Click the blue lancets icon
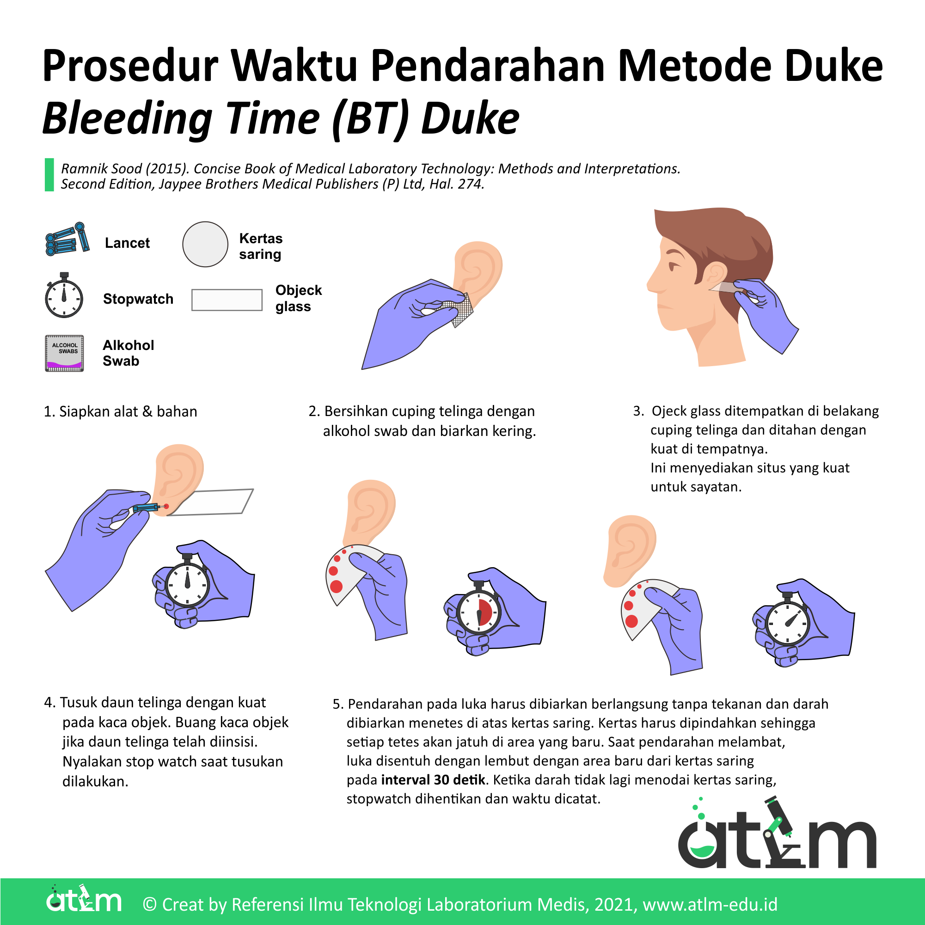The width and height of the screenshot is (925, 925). pos(67,239)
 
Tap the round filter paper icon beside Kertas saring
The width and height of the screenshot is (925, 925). pos(205,244)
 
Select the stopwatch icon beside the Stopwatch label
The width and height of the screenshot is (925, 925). pos(64,296)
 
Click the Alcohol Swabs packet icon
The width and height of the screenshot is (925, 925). pos(64,353)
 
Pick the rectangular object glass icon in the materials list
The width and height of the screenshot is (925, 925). pos(227,300)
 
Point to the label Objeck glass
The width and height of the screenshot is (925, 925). pos(298,298)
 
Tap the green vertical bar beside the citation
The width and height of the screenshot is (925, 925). pos(49,175)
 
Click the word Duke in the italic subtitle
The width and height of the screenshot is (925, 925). pos(470,119)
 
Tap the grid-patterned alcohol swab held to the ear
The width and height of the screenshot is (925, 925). pos(460,309)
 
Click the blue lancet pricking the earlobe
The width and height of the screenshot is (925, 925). pos(147,508)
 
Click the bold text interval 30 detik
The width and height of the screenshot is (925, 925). pos(433,780)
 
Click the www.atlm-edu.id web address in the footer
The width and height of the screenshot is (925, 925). pos(710,904)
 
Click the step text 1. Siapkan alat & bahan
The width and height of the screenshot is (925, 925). pos(120,411)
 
